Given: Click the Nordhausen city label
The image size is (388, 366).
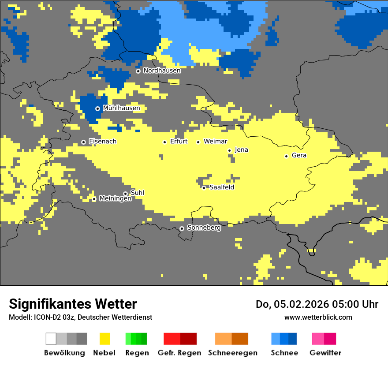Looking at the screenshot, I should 162,71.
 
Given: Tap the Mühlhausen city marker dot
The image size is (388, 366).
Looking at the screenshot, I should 97,108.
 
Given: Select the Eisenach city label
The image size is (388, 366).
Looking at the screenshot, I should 103,142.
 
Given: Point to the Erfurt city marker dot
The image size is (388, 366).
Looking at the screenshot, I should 164,142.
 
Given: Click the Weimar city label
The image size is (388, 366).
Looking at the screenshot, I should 215,142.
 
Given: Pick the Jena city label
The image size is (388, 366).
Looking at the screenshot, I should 241,150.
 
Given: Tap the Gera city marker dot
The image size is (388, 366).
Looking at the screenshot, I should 286,156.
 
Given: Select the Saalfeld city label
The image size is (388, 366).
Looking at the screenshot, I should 221,187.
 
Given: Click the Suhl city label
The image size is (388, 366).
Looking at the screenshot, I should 137,193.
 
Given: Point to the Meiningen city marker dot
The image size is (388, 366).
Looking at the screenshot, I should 94,199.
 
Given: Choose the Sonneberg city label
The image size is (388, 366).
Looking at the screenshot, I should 204,228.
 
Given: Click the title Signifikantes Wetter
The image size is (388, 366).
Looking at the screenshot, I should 73,304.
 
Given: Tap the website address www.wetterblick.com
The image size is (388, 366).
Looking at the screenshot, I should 318,317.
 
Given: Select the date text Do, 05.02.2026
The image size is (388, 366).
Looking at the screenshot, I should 291,304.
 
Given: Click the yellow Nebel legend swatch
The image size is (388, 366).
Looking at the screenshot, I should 104,339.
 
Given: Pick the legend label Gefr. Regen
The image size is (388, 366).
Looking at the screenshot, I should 179,353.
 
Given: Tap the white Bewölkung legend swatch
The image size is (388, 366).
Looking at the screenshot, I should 51,339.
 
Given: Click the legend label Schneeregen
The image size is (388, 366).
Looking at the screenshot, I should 232,353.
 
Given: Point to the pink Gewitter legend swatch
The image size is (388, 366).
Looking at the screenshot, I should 318,339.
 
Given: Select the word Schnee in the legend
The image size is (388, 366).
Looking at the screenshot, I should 284,353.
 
